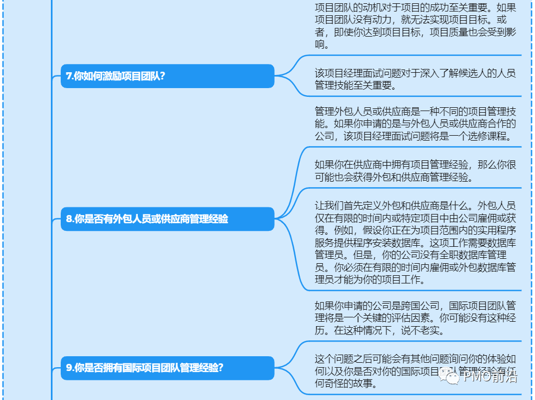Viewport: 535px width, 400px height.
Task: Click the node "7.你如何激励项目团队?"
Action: (x=167, y=76)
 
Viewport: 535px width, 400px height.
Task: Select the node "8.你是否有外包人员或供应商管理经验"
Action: (x=167, y=219)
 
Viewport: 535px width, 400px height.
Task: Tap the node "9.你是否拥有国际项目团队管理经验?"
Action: (x=167, y=368)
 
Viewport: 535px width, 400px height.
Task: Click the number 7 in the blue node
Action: (x=69, y=77)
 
